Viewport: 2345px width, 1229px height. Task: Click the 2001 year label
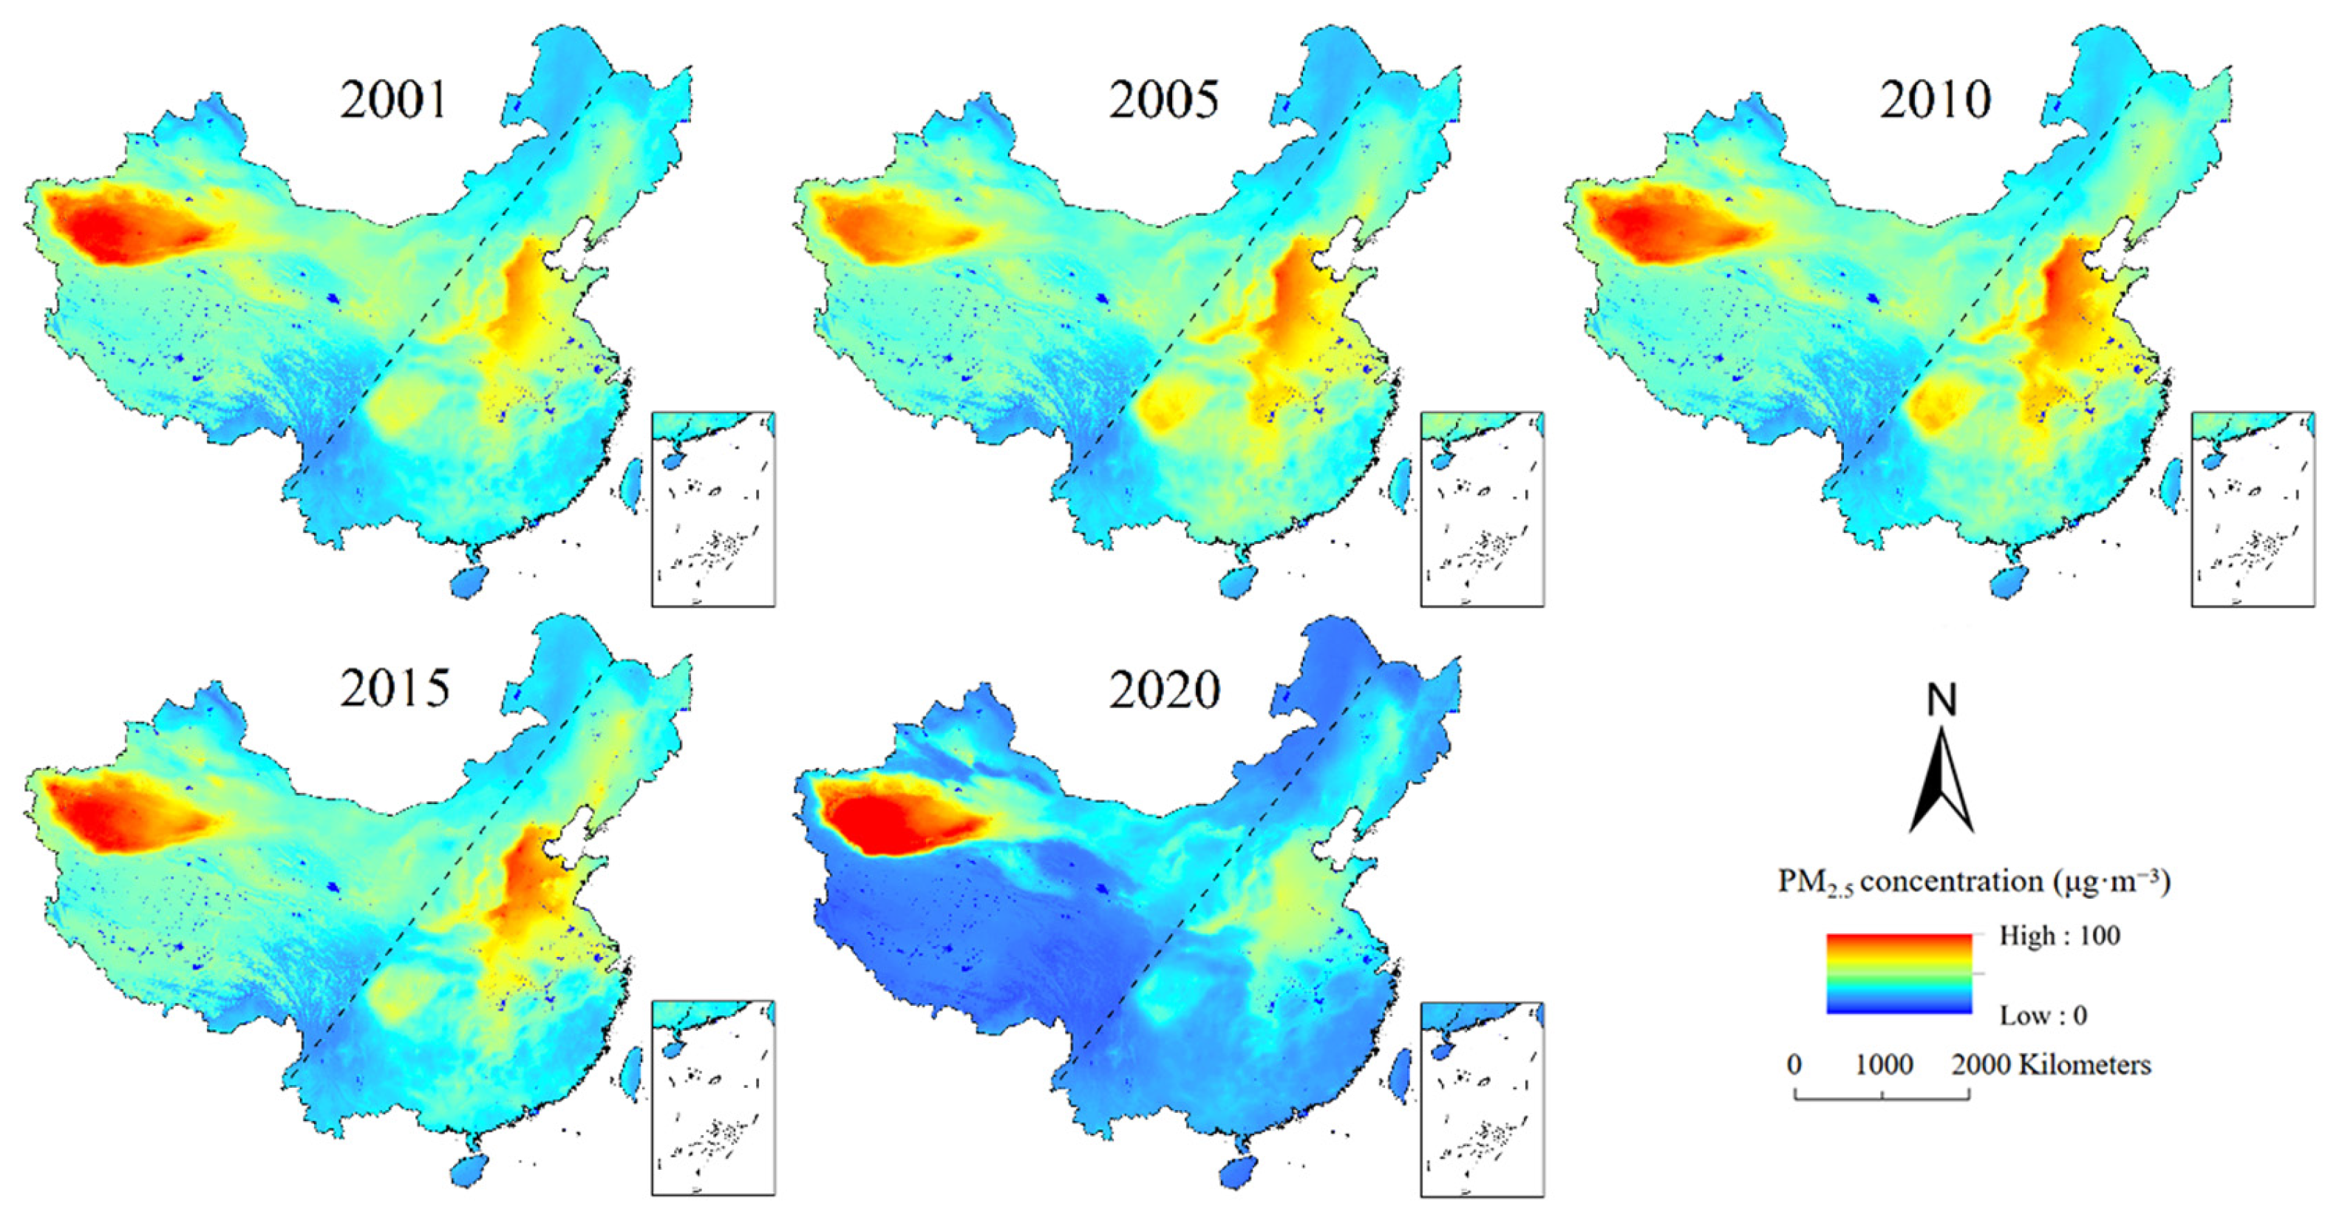coord(394,101)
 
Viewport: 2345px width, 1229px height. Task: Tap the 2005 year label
coord(1163,101)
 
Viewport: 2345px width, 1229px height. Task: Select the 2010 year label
coord(1936,101)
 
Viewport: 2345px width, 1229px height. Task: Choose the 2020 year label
coord(1163,690)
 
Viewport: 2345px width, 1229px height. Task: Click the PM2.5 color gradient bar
coord(1898,973)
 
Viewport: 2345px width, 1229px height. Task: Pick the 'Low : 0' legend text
coord(2043,1015)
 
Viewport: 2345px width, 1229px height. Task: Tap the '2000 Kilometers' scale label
coord(2051,1064)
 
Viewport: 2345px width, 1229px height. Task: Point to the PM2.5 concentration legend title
coord(1973,881)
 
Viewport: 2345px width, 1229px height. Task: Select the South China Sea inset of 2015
coord(712,1098)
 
